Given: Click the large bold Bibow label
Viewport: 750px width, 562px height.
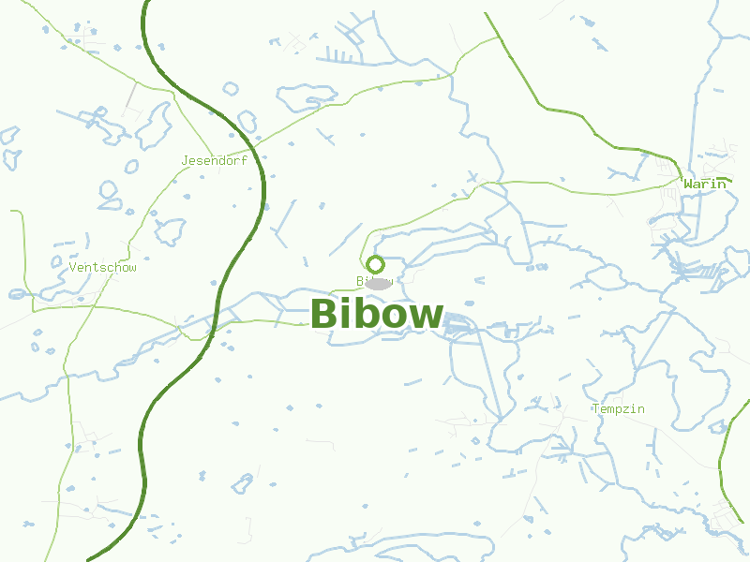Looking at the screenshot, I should pos(376,314).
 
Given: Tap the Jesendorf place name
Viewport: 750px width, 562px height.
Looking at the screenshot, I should pos(214,160).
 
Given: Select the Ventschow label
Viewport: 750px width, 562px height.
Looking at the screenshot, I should pos(102,267).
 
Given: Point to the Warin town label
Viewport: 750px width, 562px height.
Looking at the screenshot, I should pos(704,184).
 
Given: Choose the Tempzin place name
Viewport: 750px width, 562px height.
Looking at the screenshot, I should pos(619,408).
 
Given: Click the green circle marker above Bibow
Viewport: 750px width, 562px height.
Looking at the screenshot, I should pos(375,264).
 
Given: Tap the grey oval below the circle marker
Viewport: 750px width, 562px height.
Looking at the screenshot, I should pos(378,283).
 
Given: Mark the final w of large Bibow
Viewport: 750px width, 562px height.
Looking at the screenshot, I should pos(427,317).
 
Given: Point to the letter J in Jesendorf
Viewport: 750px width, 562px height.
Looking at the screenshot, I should pos(185,160).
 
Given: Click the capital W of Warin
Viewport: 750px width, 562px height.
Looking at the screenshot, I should pos(688,184).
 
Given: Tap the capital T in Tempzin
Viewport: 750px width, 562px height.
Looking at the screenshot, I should pos(596,408).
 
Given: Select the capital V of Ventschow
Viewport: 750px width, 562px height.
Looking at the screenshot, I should pos(73,267).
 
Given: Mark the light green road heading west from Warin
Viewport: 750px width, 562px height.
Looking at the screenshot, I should pos(562,191).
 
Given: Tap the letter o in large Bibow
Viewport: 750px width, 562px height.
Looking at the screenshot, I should pos(393,317).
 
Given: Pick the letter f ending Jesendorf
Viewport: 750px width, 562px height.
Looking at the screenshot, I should pos(244,160).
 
